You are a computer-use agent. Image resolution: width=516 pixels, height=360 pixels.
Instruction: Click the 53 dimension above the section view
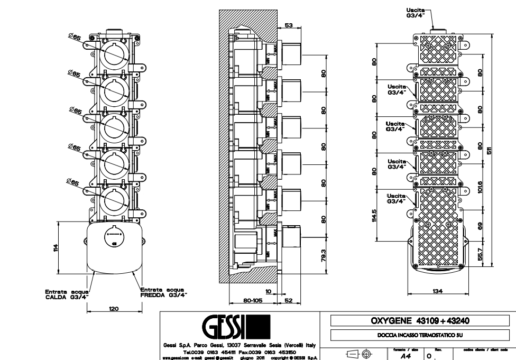click(x=288, y=25)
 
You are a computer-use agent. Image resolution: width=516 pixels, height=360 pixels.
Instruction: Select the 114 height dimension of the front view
click(x=55, y=248)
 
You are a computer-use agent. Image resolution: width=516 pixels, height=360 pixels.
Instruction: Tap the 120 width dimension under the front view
click(x=113, y=308)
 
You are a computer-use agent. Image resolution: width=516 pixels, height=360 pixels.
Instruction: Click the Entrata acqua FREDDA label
click(x=163, y=292)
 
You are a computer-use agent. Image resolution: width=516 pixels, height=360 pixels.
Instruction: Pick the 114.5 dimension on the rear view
click(x=374, y=216)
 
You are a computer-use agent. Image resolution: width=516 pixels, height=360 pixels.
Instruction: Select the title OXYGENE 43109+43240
click(x=420, y=320)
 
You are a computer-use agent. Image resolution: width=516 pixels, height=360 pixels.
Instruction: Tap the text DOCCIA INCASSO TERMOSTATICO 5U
click(x=420, y=335)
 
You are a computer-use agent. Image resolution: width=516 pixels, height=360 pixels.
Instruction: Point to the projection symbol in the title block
click(x=359, y=355)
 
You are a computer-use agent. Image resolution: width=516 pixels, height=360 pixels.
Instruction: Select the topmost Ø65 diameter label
click(x=74, y=37)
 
